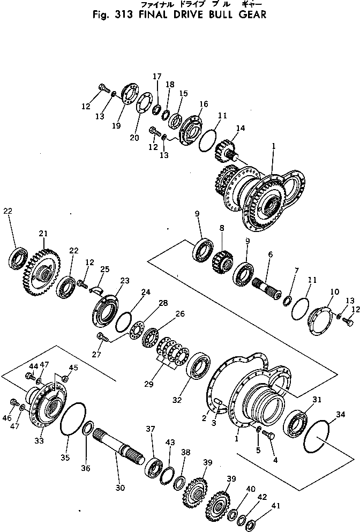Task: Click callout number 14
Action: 240,129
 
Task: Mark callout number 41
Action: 260,505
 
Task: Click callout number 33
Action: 39,441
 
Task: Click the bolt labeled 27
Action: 102,337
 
